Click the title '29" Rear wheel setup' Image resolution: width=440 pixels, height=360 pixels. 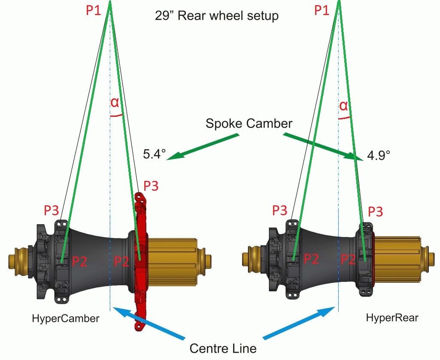point(217,16)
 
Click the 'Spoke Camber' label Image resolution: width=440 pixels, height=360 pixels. point(249,123)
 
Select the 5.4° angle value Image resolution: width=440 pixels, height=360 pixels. point(154,154)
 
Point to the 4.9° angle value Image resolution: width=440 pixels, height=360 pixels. point(379,155)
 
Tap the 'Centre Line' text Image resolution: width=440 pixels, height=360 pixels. point(223,347)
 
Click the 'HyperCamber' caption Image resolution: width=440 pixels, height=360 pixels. point(66,318)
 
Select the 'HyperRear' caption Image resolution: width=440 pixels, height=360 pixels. point(392,318)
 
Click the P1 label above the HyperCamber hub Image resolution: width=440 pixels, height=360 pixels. point(94,11)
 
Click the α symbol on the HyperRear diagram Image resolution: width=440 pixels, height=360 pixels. point(343,105)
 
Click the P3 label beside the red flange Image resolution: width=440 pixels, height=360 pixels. point(151,186)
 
